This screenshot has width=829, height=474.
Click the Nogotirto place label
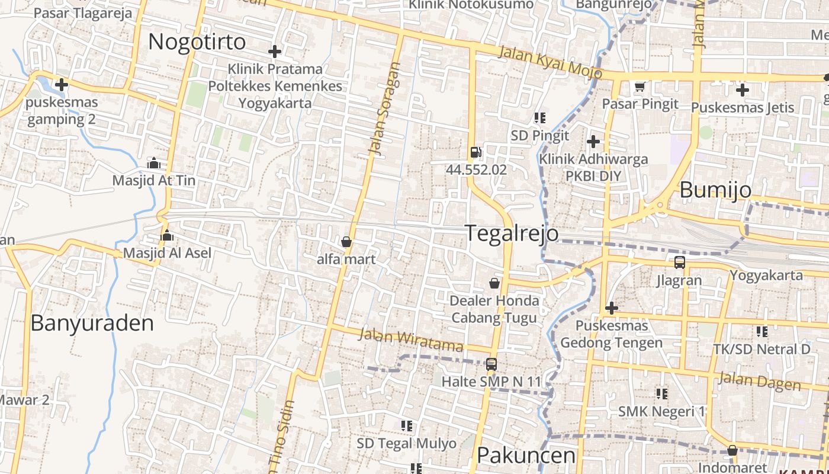tap(197, 42)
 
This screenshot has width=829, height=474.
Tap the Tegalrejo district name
tap(512, 233)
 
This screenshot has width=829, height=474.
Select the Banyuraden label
tap(92, 323)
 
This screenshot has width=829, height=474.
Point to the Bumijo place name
tap(715, 190)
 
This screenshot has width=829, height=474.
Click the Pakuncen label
tap(526, 455)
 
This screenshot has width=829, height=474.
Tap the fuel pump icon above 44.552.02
tap(475, 152)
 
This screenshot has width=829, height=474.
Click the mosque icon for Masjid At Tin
tap(154, 163)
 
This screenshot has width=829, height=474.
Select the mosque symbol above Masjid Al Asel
tap(167, 235)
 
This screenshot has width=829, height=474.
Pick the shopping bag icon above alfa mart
tap(346, 242)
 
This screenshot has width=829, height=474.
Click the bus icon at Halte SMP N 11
tap(491, 364)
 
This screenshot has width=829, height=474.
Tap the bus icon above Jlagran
tap(679, 262)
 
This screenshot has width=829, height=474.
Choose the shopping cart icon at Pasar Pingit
tap(640, 87)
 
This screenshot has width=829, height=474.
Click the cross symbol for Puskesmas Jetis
tap(743, 90)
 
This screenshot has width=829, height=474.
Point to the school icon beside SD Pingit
tap(539, 118)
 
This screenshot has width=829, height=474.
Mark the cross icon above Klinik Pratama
tap(275, 52)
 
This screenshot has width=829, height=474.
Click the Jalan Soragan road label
tap(384, 108)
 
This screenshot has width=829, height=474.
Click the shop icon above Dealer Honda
tap(494, 283)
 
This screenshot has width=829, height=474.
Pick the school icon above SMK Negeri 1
tap(661, 393)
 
